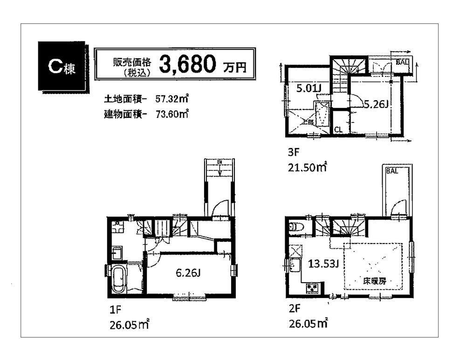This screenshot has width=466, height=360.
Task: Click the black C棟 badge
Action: point(61,67)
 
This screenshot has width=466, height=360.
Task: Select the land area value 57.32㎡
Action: point(171,99)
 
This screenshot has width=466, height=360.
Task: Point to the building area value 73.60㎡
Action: point(171,113)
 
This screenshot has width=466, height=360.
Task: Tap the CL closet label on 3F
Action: point(338,130)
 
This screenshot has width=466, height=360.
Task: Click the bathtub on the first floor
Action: point(118,279)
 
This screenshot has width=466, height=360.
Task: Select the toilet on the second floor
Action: point(295,228)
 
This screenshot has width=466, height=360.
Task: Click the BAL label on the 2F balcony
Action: point(392,171)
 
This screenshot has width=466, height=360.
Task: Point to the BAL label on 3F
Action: point(402,61)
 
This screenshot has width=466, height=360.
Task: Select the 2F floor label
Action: point(293,308)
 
